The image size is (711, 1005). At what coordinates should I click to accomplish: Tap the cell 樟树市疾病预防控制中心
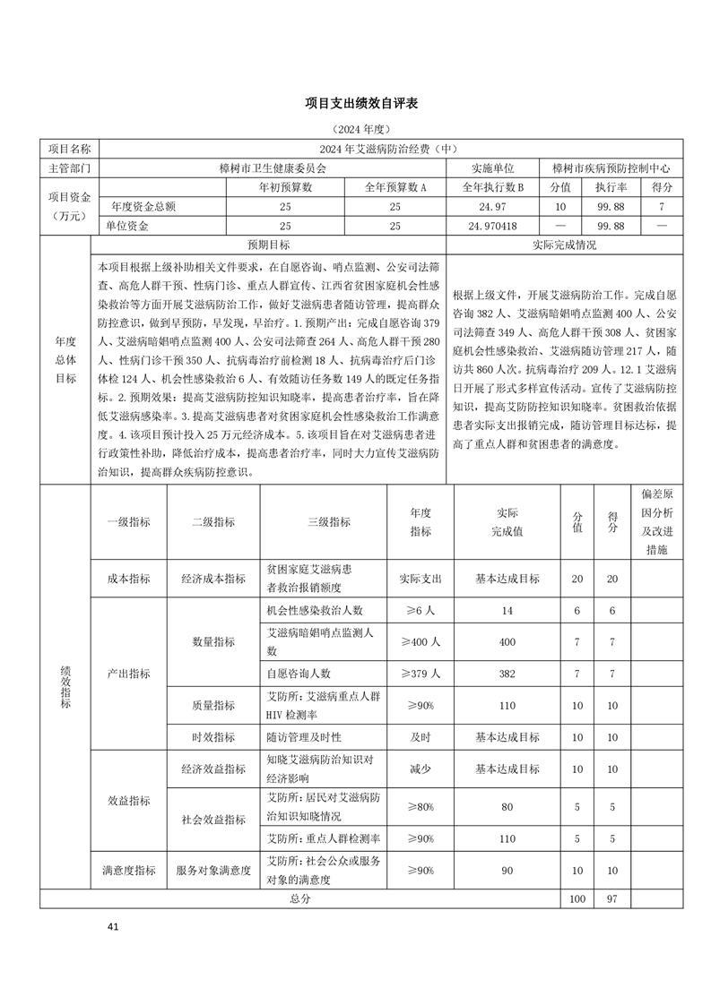pyautogui.click(x=611, y=167)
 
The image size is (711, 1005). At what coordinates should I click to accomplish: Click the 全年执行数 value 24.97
pyautogui.click(x=492, y=207)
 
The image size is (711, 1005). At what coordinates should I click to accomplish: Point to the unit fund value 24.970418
pyautogui.click(x=492, y=227)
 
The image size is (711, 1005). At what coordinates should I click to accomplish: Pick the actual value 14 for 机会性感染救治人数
pyautogui.click(x=507, y=610)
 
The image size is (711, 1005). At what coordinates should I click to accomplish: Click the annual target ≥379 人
pyautogui.click(x=421, y=673)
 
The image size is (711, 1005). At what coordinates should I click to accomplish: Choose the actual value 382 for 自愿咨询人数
pyautogui.click(x=507, y=673)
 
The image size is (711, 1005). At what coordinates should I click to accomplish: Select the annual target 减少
pyautogui.click(x=421, y=769)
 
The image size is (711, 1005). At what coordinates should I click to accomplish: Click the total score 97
pyautogui.click(x=612, y=898)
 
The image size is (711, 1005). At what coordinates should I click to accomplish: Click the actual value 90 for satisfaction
pyautogui.click(x=507, y=870)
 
